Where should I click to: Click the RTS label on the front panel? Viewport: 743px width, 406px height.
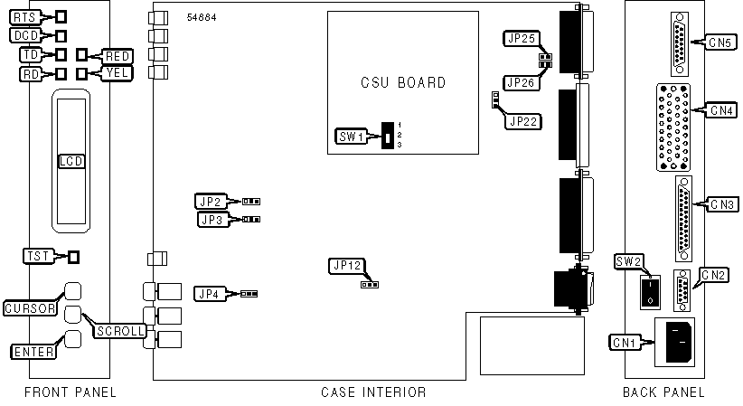25,17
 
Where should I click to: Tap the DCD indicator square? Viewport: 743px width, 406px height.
61,36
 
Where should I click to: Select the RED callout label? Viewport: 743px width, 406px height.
118,56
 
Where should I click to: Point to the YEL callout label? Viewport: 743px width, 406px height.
118,73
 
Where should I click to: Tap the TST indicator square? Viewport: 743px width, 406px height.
74,256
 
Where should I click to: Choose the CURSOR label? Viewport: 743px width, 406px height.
31,308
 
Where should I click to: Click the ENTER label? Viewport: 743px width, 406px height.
30,351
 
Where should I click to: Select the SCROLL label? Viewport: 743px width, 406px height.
120,331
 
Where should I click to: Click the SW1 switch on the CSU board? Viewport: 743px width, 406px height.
386,137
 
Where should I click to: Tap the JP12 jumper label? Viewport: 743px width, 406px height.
347,266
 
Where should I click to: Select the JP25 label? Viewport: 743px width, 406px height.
522,38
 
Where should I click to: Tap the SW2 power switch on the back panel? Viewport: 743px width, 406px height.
649,291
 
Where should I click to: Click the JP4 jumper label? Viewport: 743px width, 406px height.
210,293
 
